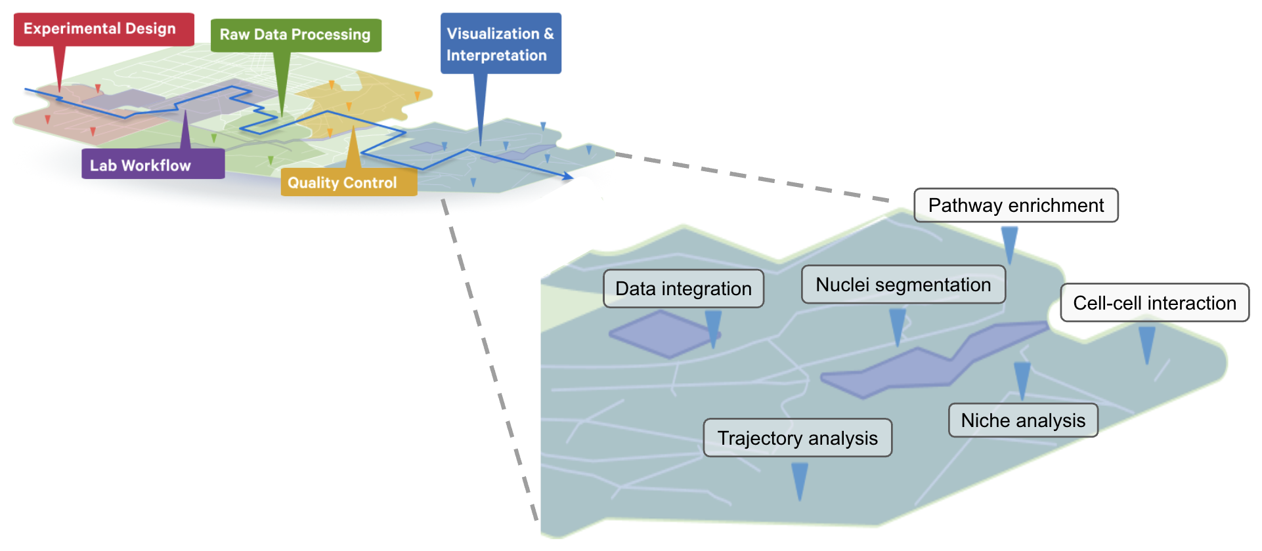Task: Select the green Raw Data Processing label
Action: coord(295,35)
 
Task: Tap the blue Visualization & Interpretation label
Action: coord(500,44)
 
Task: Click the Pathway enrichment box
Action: coord(1016,205)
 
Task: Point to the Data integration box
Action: coord(684,289)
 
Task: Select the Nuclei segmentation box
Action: coord(903,285)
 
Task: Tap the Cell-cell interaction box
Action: coord(1154,303)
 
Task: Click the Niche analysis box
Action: coord(1023,420)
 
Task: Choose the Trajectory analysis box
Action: coord(797,438)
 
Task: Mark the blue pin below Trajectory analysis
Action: coord(799,479)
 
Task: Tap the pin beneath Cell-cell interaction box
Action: coord(1146,343)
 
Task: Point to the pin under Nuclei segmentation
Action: coord(897,325)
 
